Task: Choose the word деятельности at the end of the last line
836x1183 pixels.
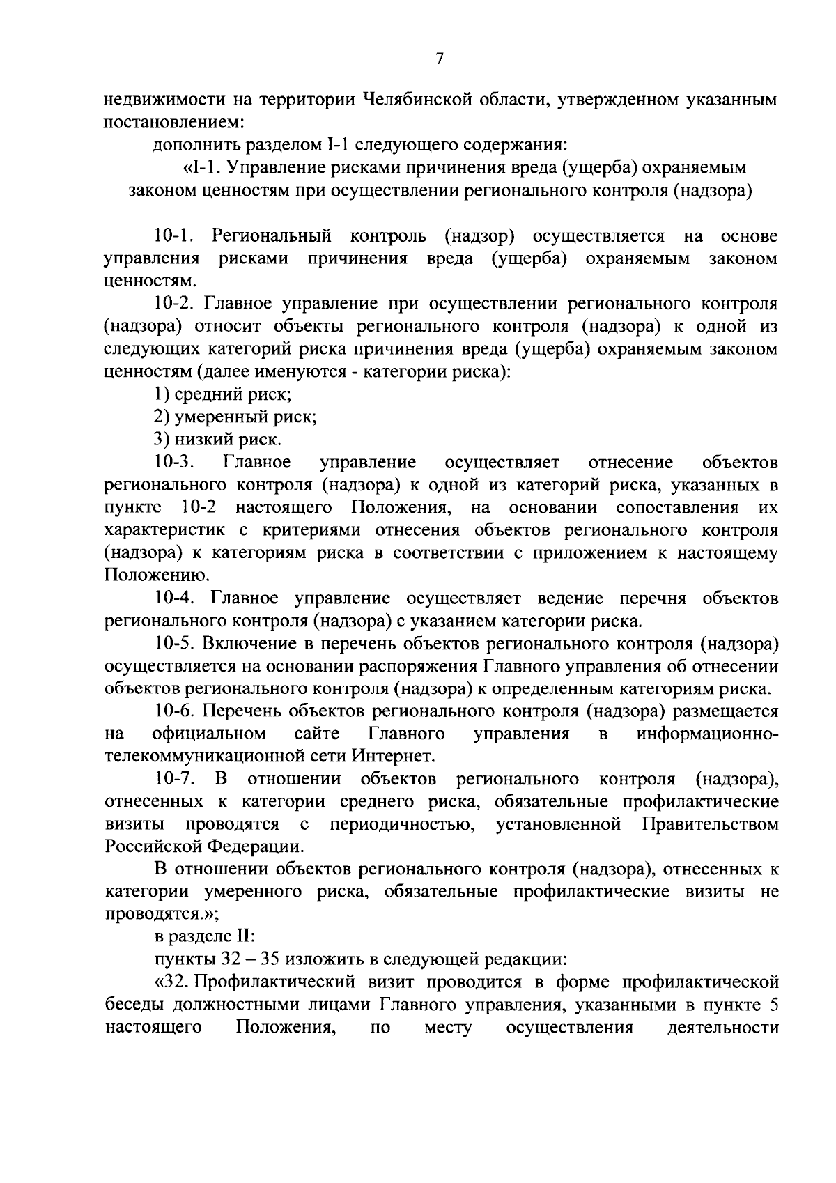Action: (x=722, y=1028)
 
